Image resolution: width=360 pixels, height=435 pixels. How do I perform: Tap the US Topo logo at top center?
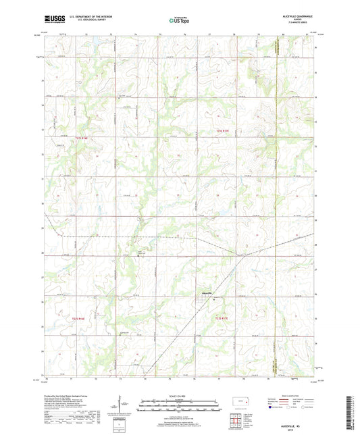180,20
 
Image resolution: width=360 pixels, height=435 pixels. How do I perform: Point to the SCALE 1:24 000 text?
180,395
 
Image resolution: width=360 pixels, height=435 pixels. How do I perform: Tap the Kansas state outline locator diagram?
242,404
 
